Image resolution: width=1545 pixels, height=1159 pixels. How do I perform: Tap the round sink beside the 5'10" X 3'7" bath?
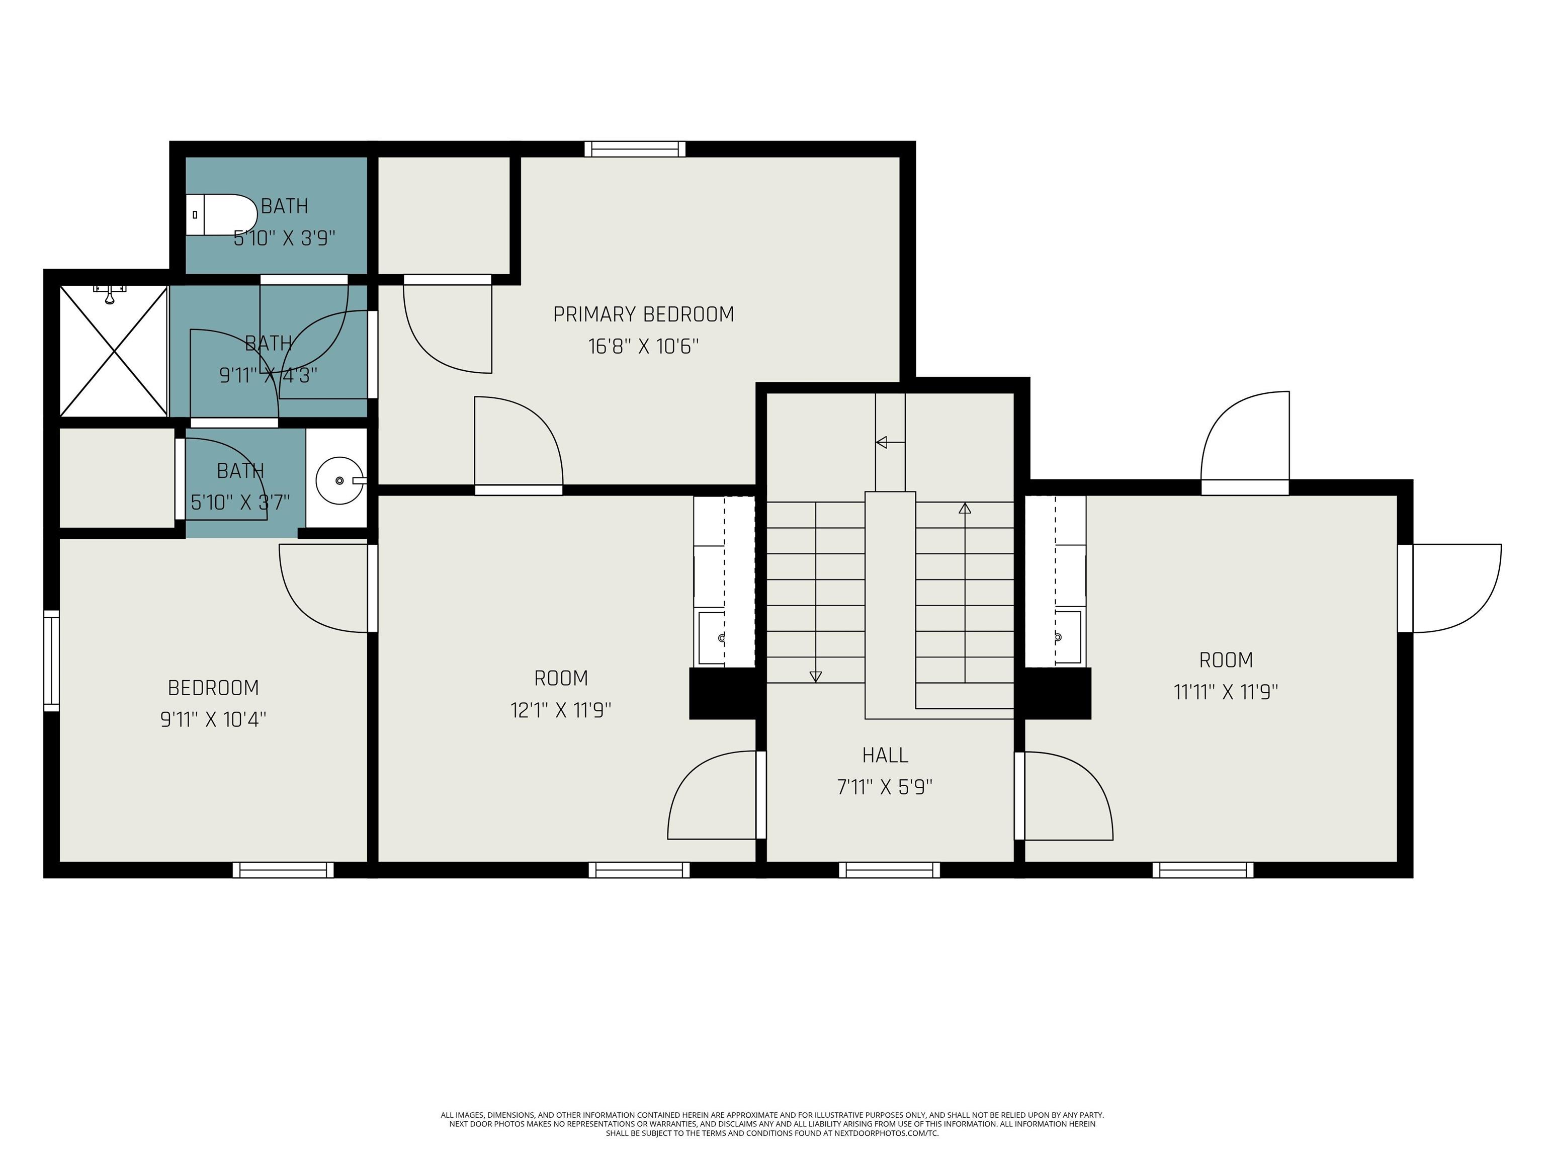click(x=340, y=480)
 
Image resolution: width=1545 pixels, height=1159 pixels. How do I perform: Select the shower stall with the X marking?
click(x=113, y=352)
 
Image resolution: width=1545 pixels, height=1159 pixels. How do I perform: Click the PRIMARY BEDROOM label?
click(x=643, y=314)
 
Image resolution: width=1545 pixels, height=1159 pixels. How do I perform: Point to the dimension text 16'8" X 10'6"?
click(x=643, y=347)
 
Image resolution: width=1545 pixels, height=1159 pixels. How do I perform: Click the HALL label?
click(x=885, y=755)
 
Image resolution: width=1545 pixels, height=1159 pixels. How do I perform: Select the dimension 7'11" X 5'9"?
click(x=885, y=787)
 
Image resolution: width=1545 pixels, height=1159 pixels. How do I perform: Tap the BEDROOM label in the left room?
click(x=213, y=688)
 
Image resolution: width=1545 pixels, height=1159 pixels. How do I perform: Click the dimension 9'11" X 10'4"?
click(x=213, y=719)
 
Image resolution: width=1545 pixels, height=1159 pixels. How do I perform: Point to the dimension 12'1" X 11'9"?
click(x=561, y=710)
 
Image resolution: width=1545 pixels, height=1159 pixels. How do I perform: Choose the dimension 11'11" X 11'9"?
click(x=1226, y=692)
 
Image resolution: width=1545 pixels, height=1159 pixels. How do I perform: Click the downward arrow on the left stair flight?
click(x=815, y=676)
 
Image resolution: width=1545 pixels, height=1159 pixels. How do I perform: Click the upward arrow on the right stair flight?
click(x=965, y=509)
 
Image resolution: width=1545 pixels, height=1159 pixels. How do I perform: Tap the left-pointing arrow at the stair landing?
click(x=882, y=442)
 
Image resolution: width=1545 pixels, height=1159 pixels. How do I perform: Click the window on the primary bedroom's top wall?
click(x=635, y=149)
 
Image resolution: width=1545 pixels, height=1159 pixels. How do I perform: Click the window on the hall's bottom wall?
click(x=889, y=870)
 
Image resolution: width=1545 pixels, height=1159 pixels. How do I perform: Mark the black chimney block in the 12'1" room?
click(x=722, y=693)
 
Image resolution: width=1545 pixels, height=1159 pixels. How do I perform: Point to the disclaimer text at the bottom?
click(x=772, y=1124)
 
